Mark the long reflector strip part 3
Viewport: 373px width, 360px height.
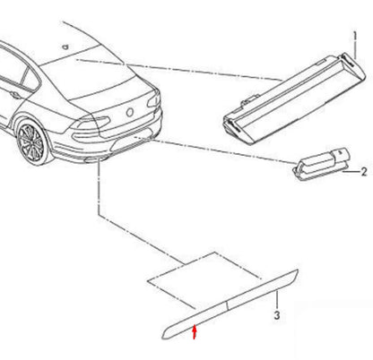coord(233,304)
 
